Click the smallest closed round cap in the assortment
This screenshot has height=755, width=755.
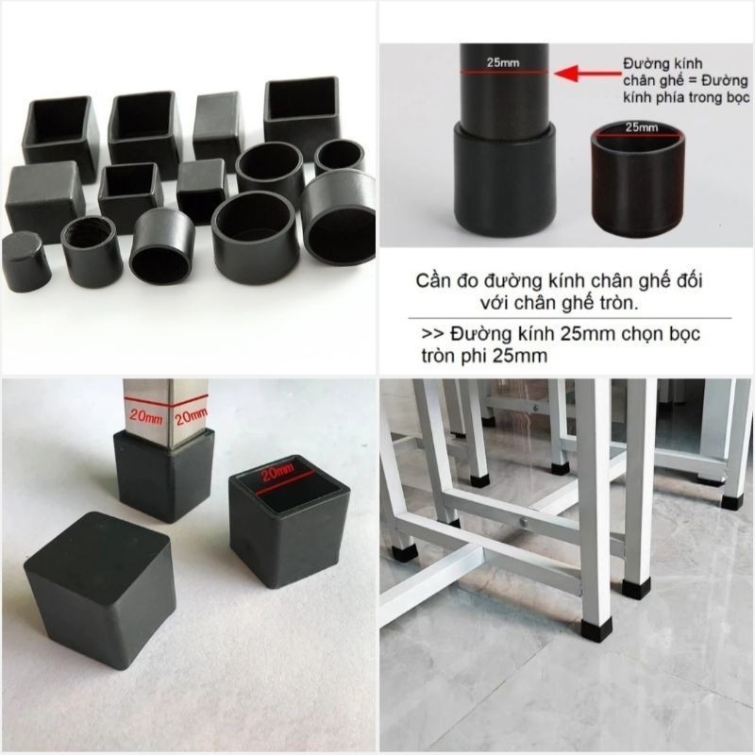[25, 260]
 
